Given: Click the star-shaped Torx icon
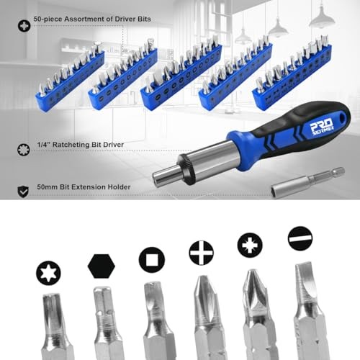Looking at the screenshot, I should coord(48,273).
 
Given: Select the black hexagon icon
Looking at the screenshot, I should coord(102,266).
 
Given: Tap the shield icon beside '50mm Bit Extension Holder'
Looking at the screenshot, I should coord(24,189).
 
